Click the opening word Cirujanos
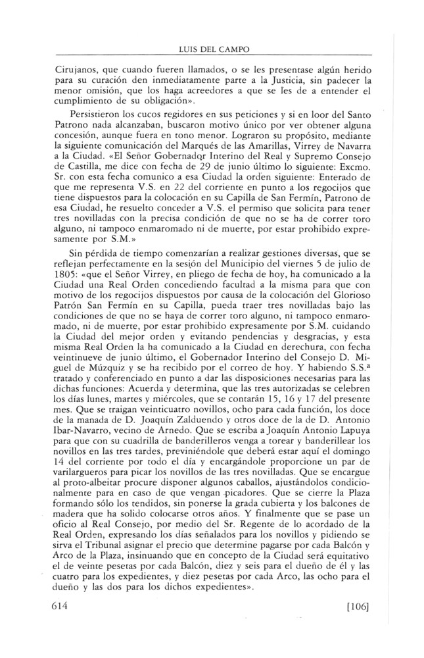point(77,70)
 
